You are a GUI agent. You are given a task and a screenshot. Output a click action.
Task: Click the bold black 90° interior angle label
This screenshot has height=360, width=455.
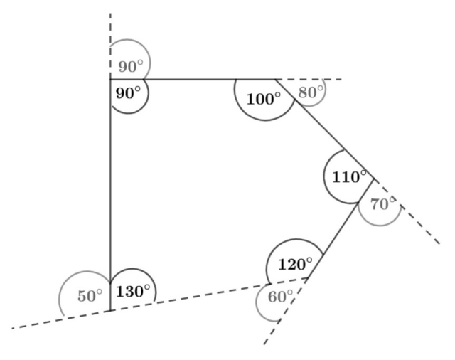(x=128, y=93)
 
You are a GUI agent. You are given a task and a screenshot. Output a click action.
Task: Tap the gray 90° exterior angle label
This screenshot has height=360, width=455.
(x=131, y=66)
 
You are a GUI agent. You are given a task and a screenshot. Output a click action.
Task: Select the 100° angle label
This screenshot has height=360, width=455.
(x=264, y=99)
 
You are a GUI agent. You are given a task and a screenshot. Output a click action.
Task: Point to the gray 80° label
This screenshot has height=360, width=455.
(x=311, y=92)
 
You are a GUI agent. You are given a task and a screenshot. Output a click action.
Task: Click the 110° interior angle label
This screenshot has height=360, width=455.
(x=349, y=176)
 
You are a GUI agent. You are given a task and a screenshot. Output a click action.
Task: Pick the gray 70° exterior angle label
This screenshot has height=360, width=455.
(x=383, y=203)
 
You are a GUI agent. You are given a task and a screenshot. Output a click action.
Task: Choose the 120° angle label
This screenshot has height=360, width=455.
(x=296, y=264)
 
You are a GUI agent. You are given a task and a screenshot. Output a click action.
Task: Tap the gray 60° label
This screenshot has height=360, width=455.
(x=280, y=297)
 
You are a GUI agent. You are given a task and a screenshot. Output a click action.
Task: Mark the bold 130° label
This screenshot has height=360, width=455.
(x=133, y=291)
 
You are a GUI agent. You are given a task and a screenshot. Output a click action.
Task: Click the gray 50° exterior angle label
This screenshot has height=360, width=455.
(x=90, y=296)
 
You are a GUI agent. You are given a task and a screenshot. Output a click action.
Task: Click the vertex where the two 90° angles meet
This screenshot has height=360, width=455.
(x=110, y=79)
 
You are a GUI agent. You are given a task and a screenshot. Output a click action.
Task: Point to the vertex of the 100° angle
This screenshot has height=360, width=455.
(x=275, y=79)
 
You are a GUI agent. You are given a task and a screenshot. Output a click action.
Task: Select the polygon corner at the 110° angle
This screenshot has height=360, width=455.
(x=375, y=179)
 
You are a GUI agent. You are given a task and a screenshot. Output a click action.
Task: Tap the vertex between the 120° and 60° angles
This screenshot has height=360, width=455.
(x=308, y=278)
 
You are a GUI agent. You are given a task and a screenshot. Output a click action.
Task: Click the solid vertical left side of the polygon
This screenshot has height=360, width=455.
(x=110, y=195)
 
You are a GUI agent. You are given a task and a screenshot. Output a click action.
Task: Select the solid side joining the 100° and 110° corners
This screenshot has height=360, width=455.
(x=325, y=129)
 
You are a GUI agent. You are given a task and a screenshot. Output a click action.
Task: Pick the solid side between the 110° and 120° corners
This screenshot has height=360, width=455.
(x=341, y=228)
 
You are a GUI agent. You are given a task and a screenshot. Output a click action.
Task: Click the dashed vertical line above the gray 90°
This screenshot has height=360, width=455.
(x=110, y=46)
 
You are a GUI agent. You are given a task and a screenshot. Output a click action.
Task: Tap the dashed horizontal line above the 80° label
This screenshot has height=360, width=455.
(x=309, y=79)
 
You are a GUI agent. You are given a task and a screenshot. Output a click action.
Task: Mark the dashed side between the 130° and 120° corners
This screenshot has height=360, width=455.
(x=209, y=295)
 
